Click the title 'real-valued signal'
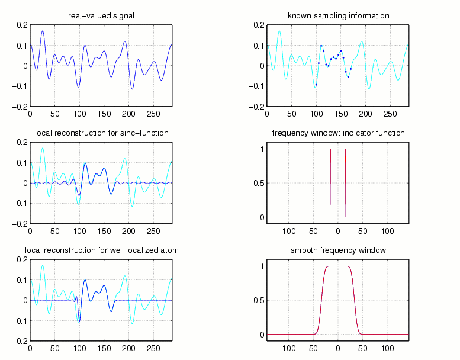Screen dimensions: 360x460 click(101, 16)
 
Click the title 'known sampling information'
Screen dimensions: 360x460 click(338, 16)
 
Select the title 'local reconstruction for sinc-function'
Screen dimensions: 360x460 click(101, 133)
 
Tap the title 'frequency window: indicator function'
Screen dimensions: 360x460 click(338, 133)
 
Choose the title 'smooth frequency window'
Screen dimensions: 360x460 click(338, 250)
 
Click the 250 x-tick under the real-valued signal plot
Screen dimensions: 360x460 click(154, 113)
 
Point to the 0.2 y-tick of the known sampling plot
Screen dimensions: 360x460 click(259, 25)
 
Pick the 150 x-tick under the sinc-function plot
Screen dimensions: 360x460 click(104, 230)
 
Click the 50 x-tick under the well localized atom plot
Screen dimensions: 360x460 click(54, 348)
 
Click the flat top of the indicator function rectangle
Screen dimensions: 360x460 click(338, 149)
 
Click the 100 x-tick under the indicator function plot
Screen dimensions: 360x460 click(388, 230)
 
